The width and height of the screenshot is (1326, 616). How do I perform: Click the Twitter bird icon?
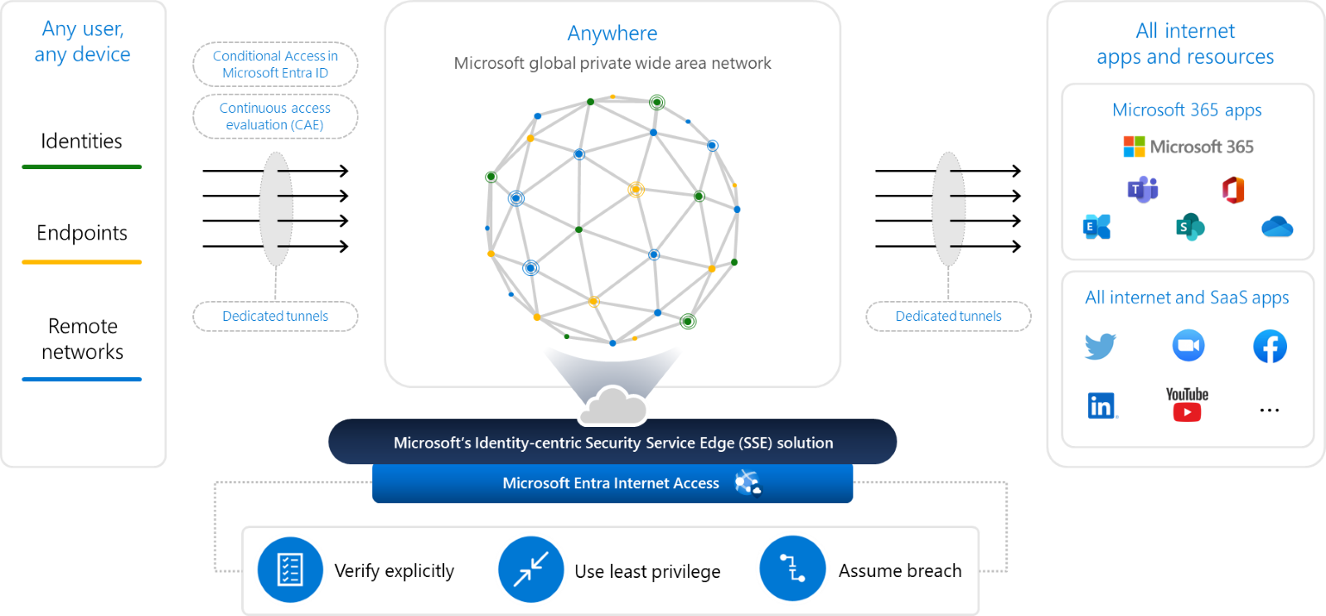coord(1100,346)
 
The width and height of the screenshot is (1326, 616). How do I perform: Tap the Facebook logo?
coord(1270,347)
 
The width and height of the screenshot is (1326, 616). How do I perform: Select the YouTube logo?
coord(1187,405)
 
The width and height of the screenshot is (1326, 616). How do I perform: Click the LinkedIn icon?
coord(1101,405)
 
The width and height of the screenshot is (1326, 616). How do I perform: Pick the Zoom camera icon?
coord(1188,346)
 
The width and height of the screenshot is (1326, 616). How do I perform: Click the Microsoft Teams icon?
coord(1143,190)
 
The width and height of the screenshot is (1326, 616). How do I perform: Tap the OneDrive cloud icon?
coord(1277,226)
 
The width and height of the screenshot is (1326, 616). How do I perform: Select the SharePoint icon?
coord(1189,226)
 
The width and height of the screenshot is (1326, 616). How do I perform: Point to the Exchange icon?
coord(1096,226)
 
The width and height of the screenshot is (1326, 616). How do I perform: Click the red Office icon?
coord(1233,190)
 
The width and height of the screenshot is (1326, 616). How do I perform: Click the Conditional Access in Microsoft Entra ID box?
coord(275,64)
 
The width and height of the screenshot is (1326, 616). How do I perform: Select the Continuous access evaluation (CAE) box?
coord(275,116)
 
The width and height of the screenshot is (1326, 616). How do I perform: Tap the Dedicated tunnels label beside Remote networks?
coord(275,316)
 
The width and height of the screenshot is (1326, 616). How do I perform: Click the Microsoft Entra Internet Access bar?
coord(612,483)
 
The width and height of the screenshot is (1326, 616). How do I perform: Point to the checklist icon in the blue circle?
coord(289,570)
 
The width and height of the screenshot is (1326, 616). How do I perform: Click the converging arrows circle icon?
coord(531,570)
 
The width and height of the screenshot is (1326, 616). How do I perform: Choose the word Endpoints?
coord(82,233)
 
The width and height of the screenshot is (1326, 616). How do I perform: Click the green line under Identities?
coord(81,167)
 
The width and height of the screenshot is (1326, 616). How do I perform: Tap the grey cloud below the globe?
coord(613,405)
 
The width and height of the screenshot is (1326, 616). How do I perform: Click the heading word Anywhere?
coord(612,33)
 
